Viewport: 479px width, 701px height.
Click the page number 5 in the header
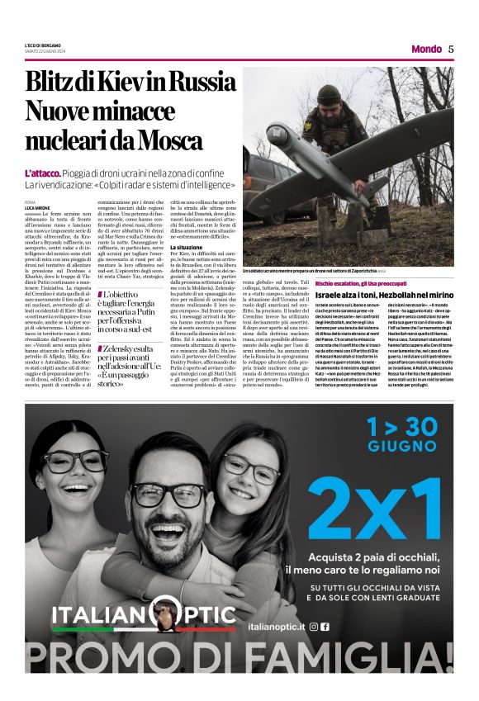tap(452, 49)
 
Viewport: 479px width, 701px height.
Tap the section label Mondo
tap(426, 49)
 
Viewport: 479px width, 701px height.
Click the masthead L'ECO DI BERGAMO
tap(47, 45)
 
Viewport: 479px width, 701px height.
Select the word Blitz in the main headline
tap(51, 83)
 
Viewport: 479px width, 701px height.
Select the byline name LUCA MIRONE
tap(36, 207)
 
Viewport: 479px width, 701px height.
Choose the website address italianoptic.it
tap(275, 627)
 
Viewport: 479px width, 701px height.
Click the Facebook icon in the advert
tap(325, 627)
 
